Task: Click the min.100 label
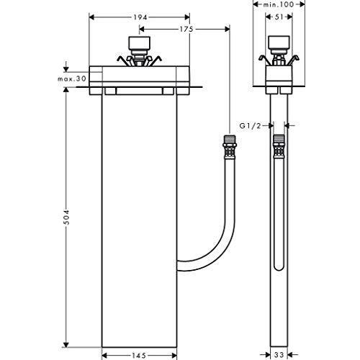[x=279, y=5]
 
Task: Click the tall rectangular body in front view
[x=139, y=216]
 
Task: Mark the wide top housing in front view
[x=139, y=76]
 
